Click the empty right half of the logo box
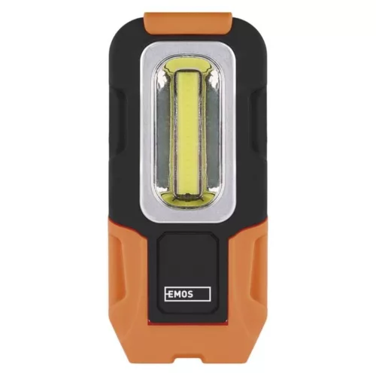(202, 294)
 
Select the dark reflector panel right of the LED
(213, 132)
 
